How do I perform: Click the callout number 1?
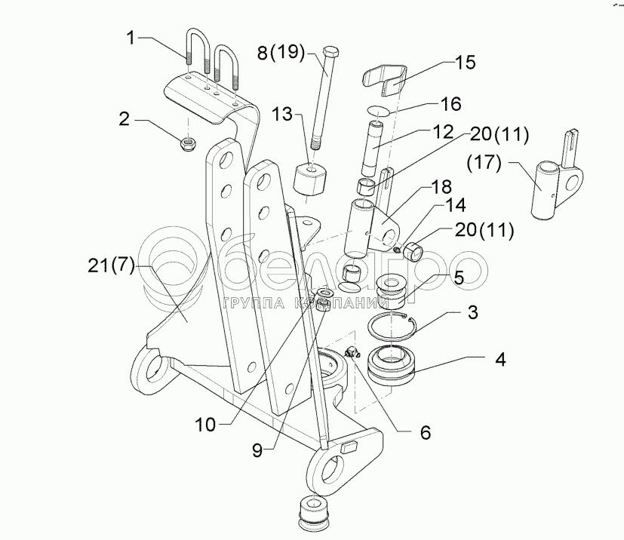133,37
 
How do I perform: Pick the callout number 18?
441,186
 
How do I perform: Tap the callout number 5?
457,277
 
